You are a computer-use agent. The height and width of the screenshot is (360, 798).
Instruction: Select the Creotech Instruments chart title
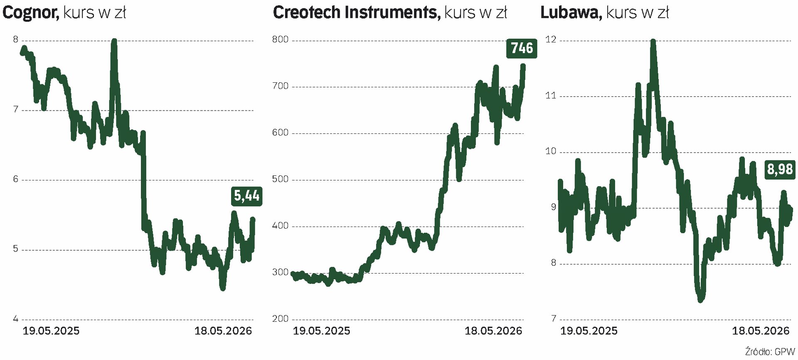[x=390, y=12]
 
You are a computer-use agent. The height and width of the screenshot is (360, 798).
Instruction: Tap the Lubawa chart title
[x=605, y=12]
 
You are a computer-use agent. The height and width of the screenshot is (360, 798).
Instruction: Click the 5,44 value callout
[x=246, y=196]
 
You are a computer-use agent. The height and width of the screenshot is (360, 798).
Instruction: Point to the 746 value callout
[x=522, y=48]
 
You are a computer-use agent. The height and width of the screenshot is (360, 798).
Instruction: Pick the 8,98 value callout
[x=780, y=170]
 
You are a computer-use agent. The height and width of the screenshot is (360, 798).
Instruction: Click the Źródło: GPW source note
[x=770, y=352]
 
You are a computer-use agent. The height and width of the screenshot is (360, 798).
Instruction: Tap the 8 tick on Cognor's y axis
[x=16, y=39]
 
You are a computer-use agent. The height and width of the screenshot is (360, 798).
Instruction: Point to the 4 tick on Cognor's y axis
[x=16, y=319]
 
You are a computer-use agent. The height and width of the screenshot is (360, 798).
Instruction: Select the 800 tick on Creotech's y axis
[x=280, y=39]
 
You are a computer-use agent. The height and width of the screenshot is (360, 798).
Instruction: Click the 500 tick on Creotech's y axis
[x=280, y=179]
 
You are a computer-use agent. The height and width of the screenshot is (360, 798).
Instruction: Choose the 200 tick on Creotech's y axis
[x=280, y=319]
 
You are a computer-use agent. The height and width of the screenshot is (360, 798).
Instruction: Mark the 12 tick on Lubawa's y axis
[x=551, y=39]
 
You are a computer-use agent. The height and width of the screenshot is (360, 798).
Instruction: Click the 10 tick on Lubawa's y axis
[x=551, y=151]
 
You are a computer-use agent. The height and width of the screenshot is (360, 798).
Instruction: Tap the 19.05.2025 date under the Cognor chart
[x=51, y=331]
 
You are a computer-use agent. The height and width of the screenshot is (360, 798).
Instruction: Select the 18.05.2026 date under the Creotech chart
[x=493, y=331]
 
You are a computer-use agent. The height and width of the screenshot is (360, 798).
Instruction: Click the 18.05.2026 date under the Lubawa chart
[x=761, y=331]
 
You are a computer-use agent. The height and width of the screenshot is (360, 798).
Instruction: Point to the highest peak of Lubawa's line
[x=653, y=42]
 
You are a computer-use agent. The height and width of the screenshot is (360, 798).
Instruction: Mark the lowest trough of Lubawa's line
[x=700, y=299]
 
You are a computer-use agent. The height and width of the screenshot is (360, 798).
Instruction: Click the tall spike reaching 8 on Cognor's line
[x=114, y=42]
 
